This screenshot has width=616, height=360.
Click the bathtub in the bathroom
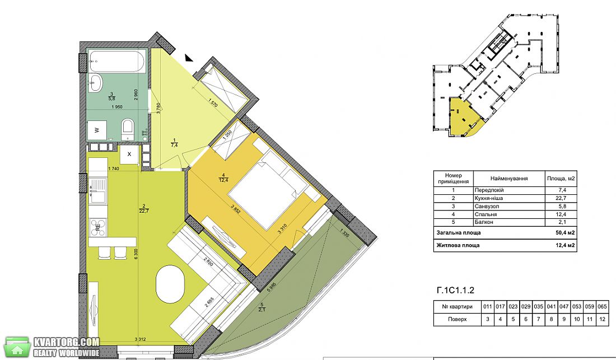pos(117,62)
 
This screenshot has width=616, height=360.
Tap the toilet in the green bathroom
pos(128,129)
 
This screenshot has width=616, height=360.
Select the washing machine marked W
pos(97,130)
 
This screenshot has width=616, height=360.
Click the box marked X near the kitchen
pos(130,155)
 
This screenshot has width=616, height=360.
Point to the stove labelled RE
pos(98,227)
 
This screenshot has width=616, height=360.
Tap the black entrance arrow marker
pos(189,58)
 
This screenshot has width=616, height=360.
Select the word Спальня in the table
pos(486,214)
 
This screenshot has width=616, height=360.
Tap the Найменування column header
pos(509,178)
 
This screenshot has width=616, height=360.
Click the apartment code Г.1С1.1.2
pos(455,291)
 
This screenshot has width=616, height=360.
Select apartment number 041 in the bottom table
pos(551,307)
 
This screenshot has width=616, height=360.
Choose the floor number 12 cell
pos(602,319)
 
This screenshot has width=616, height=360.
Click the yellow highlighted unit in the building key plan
pos(464,116)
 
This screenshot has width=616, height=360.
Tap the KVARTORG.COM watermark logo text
pos(67,342)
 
